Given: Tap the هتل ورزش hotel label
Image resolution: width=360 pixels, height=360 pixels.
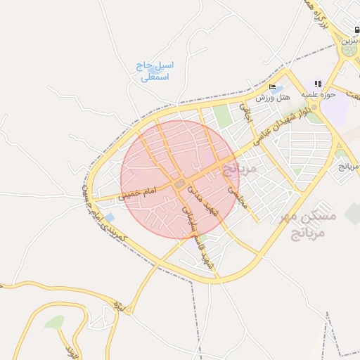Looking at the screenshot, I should click(x=264, y=97).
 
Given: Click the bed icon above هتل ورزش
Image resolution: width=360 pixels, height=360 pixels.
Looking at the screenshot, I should click(x=272, y=87).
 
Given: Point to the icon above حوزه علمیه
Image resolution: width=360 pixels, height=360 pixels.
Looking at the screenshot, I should click(x=318, y=83).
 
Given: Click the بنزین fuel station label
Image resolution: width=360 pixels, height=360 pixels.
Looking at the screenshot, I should click(x=349, y=41).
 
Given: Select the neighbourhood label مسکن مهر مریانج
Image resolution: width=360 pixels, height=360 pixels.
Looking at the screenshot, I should click(x=313, y=224).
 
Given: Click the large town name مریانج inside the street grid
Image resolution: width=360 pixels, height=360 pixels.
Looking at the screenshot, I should click(x=240, y=169).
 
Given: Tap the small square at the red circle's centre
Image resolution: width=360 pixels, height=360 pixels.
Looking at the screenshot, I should click(x=180, y=184).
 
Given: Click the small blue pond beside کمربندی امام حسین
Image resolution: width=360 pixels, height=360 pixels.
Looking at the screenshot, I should click(x=109, y=218).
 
